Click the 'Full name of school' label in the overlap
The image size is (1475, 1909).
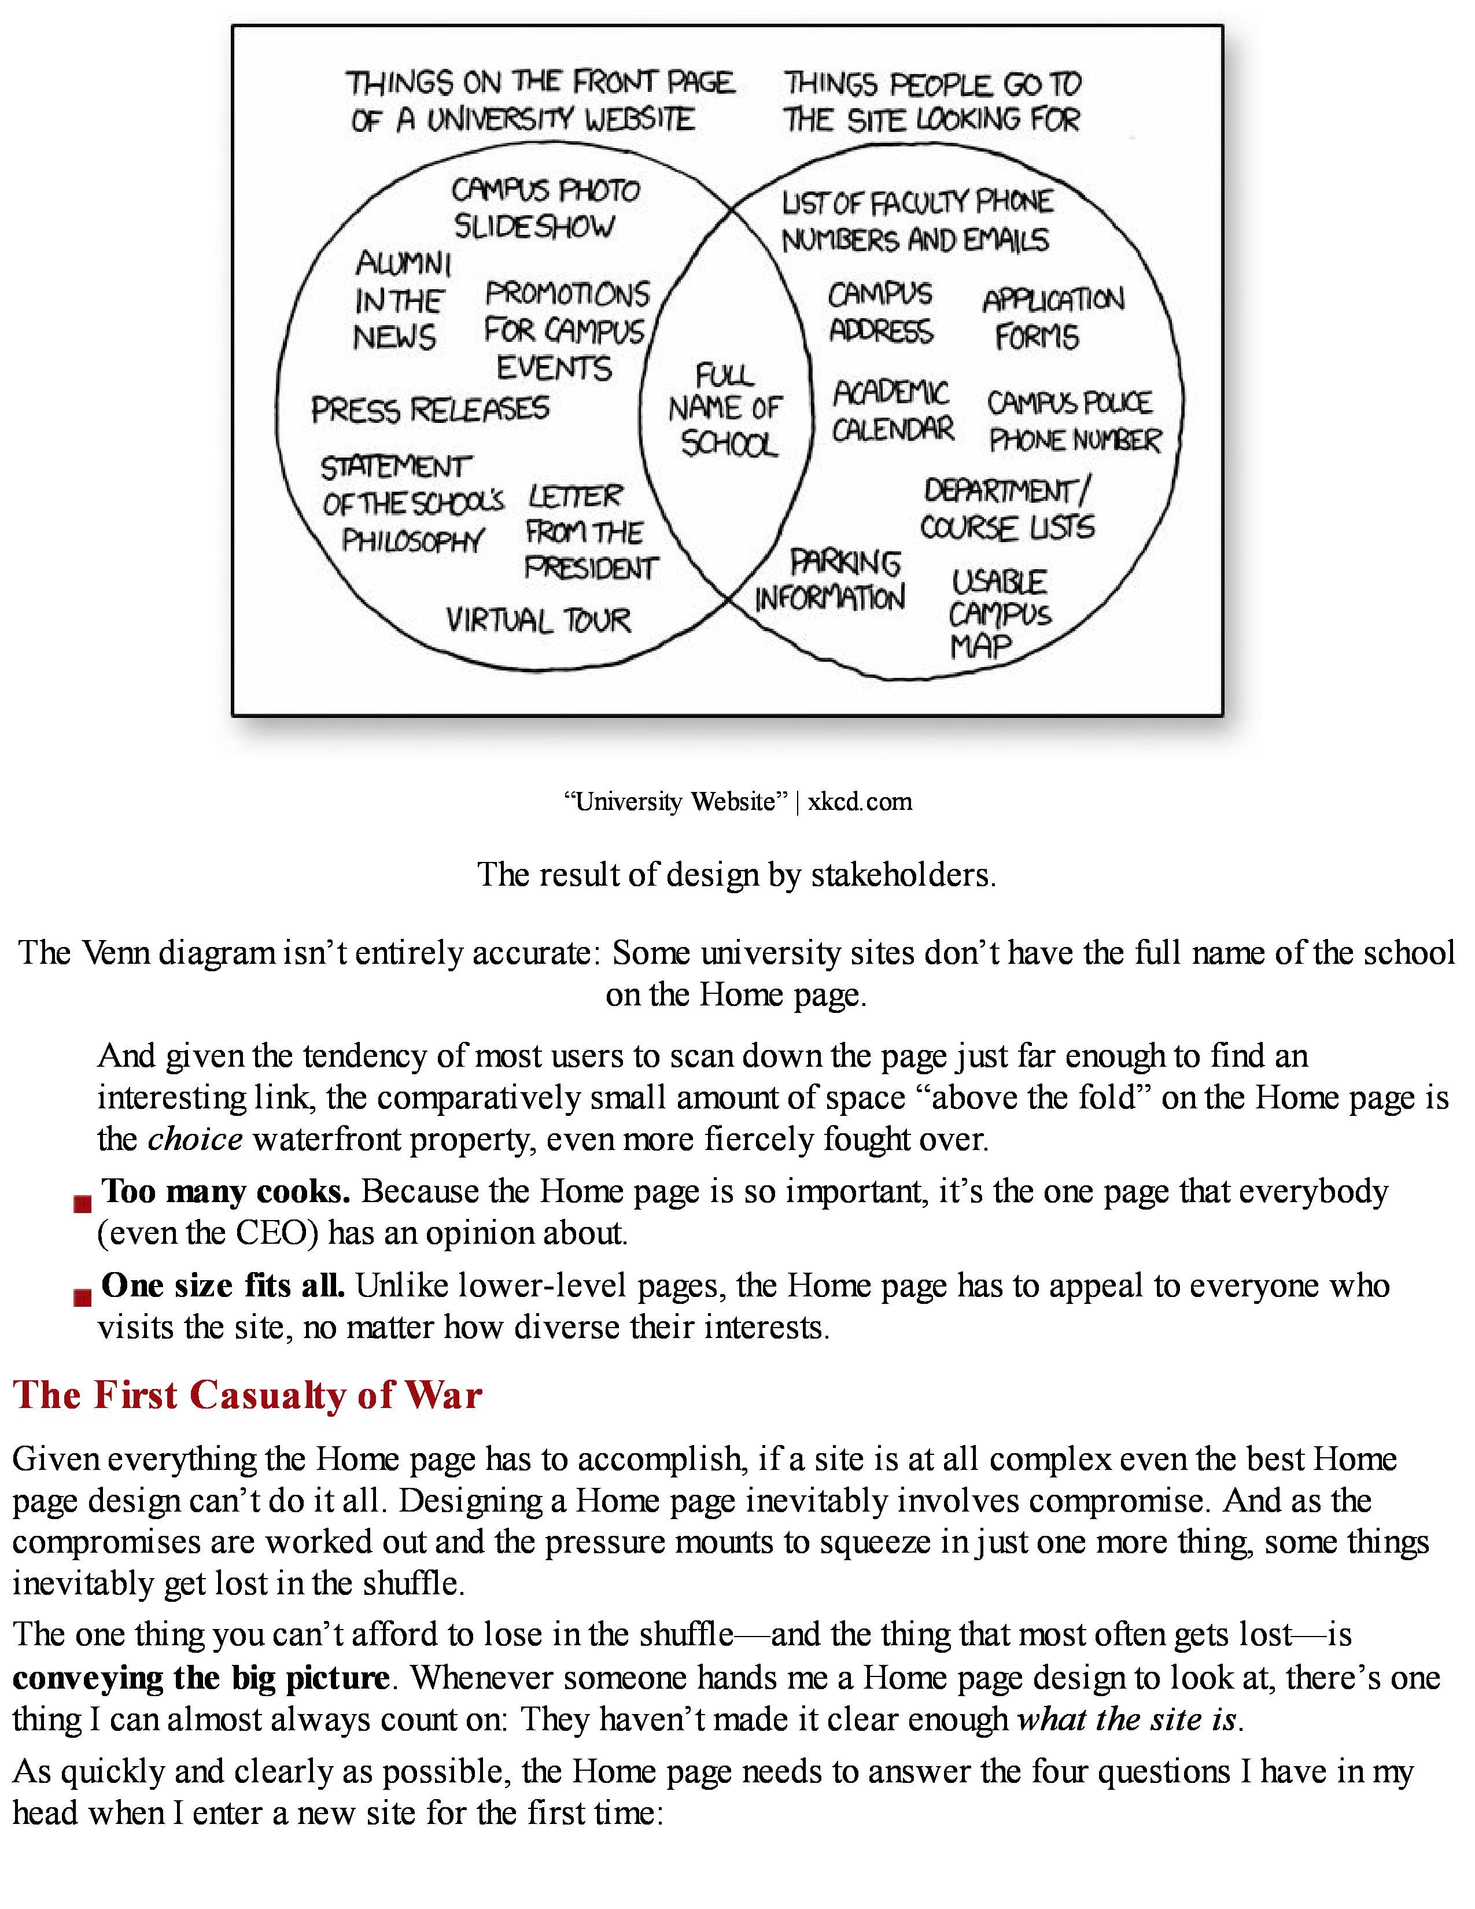725,409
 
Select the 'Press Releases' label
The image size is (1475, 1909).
430,409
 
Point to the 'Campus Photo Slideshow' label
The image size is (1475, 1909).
544,208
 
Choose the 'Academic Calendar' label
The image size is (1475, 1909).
892,410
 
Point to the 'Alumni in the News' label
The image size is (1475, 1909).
400,300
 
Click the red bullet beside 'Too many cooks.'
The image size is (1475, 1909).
82,1204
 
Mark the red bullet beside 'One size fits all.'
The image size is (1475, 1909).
82,1297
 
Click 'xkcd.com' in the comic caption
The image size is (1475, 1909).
860,802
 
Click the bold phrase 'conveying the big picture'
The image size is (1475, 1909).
200,1678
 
